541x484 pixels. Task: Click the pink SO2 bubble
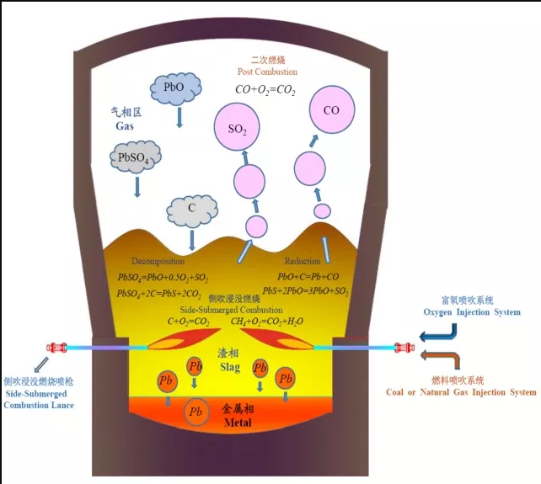point(237,128)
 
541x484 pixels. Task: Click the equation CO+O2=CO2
point(265,89)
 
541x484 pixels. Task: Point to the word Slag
point(228,368)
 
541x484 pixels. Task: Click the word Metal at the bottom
point(238,422)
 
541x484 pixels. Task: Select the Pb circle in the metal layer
point(196,412)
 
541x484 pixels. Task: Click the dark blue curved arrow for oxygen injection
point(439,339)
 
